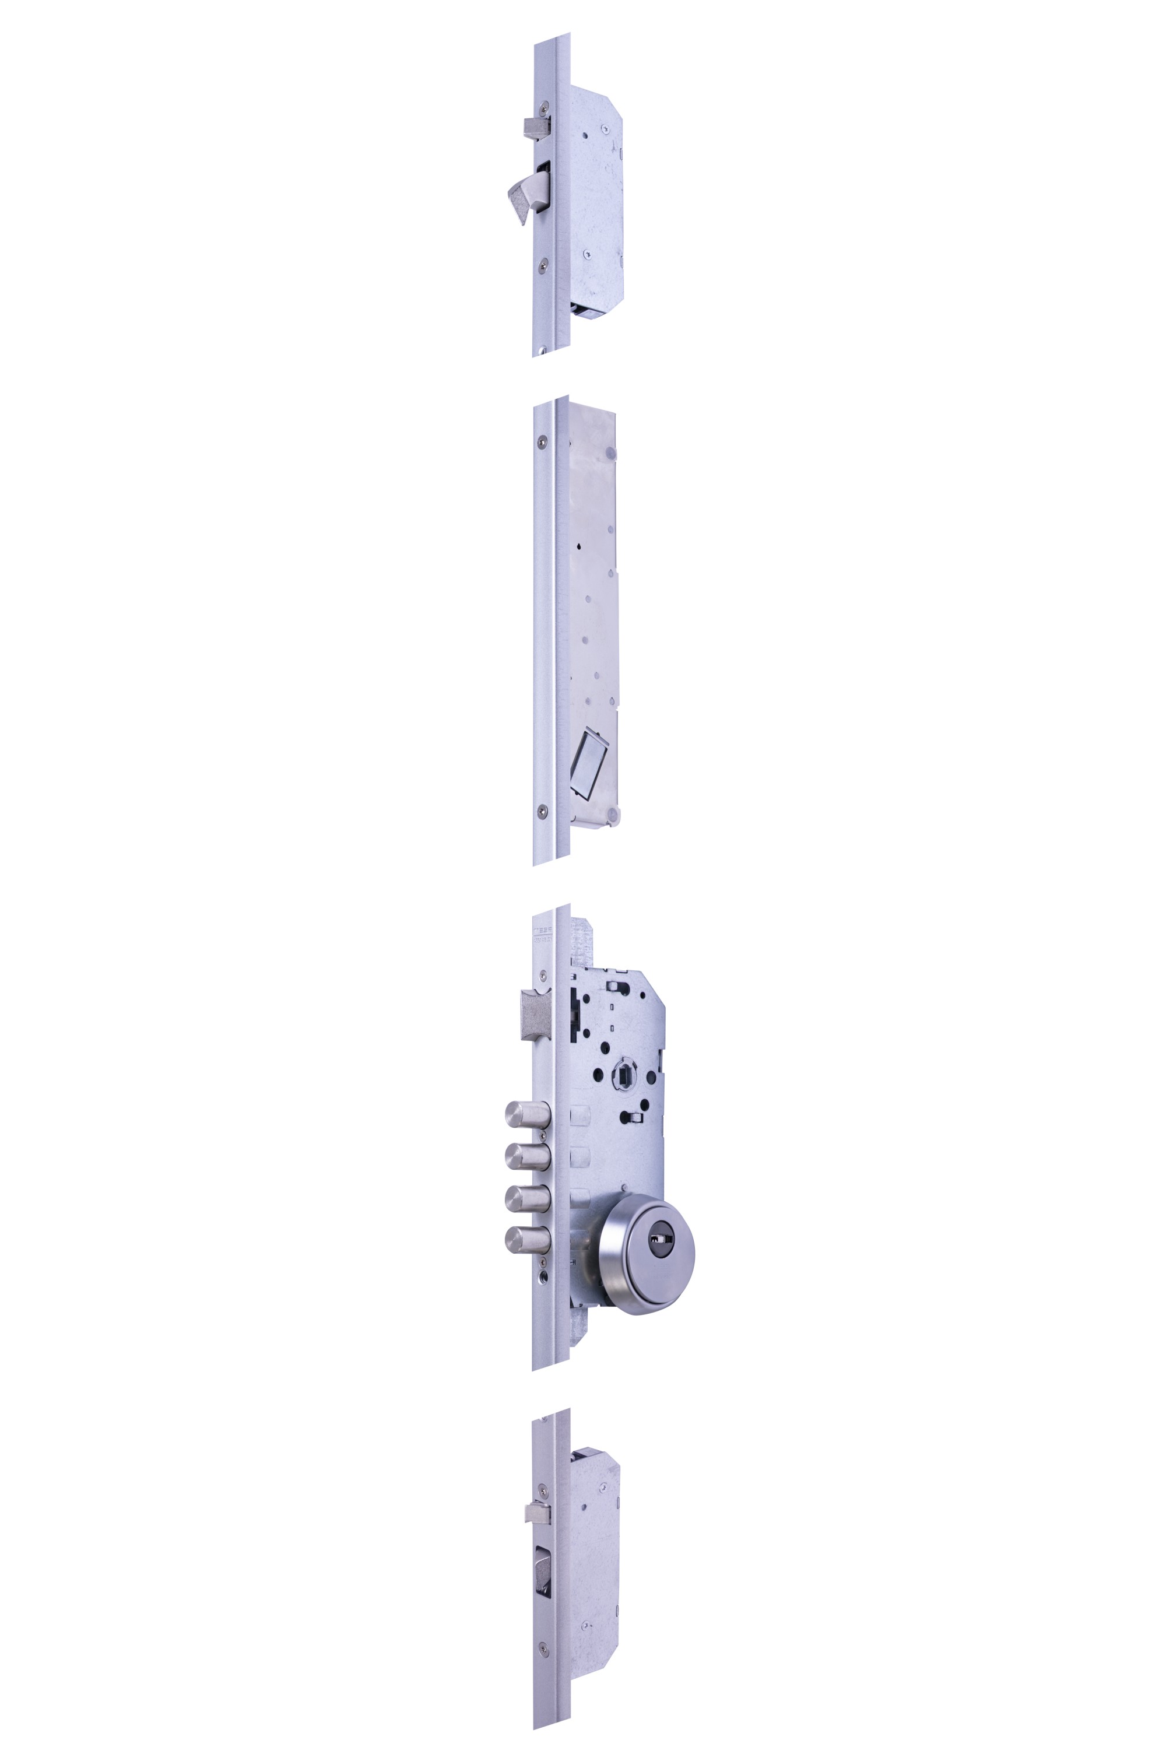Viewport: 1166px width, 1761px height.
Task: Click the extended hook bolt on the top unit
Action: [525, 195]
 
